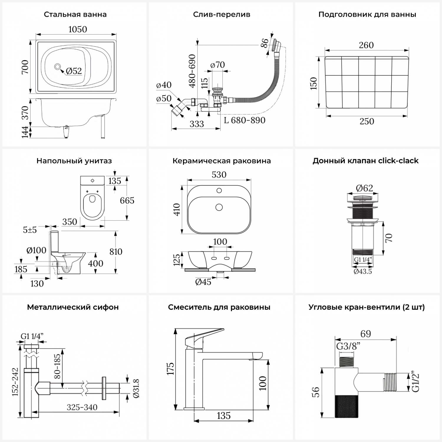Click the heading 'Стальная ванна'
75,14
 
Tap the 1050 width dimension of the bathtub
77,29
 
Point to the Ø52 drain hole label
74,71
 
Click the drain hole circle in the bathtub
57,67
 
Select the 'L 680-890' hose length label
245,120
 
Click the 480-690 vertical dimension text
192,71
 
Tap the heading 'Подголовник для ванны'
367,14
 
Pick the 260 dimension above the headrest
366,45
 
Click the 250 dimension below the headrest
367,121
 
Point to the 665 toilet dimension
127,200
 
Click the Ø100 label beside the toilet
36,250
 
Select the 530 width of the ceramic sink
219,175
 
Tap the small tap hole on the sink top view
219,191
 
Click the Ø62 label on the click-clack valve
364,188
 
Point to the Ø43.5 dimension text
363,271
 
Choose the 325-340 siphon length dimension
82,407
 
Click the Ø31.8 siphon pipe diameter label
136,388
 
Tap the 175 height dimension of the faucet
170,368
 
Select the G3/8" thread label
348,346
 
